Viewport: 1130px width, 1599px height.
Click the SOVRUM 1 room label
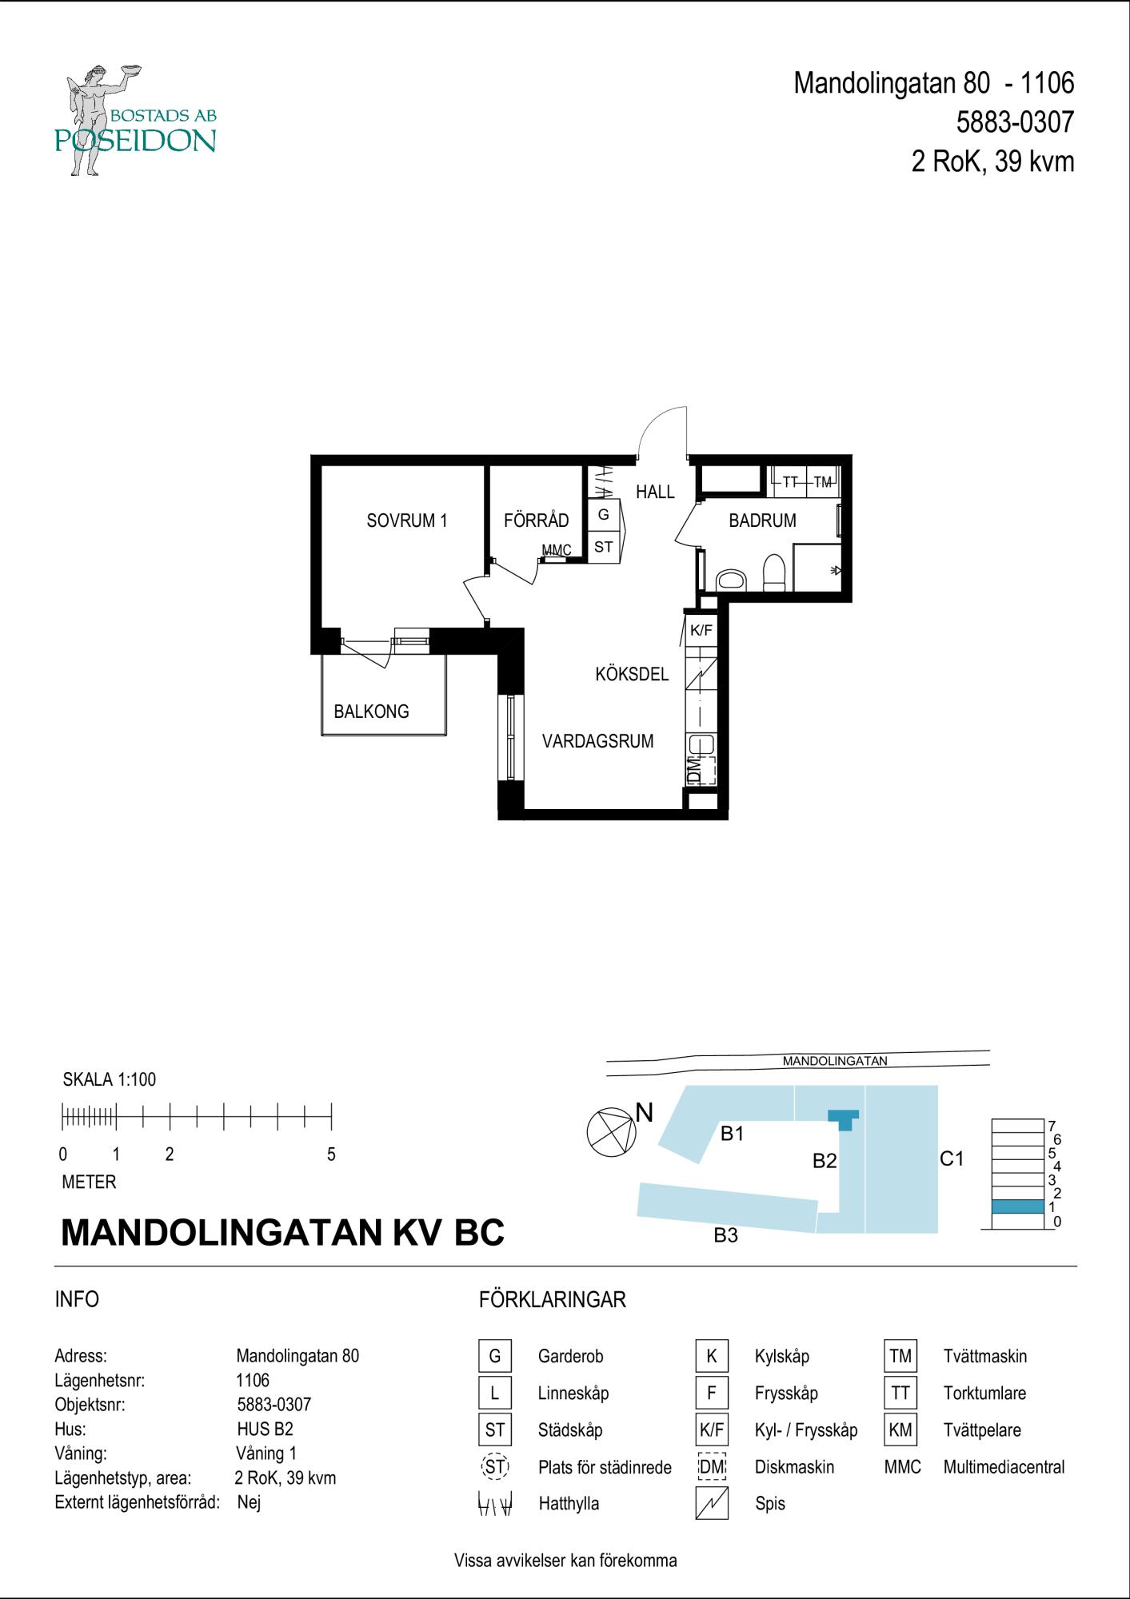(x=406, y=520)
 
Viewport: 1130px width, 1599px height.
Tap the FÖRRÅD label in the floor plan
(x=536, y=520)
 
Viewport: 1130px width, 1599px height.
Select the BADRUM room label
(x=762, y=520)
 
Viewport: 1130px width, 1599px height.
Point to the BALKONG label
(x=371, y=711)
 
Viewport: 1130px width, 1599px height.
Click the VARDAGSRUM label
(x=597, y=741)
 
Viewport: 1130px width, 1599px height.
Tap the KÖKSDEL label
(x=632, y=674)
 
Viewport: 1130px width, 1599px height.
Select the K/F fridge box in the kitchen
(x=701, y=630)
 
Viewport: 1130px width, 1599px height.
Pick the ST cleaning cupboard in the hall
(x=604, y=547)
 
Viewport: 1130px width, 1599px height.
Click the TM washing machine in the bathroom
(x=823, y=481)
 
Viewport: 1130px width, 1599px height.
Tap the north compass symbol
(x=611, y=1132)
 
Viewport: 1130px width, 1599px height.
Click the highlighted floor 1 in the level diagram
(x=1017, y=1206)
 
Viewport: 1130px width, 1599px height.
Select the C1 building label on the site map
(x=952, y=1158)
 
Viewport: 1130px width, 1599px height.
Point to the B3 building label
(x=725, y=1235)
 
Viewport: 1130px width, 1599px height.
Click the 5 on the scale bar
(x=331, y=1154)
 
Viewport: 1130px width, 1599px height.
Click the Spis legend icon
(x=712, y=1503)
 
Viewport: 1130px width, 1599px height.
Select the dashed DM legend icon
(x=712, y=1466)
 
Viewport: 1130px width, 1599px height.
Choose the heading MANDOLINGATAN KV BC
(x=283, y=1232)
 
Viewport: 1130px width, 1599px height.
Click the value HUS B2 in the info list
(x=266, y=1429)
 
